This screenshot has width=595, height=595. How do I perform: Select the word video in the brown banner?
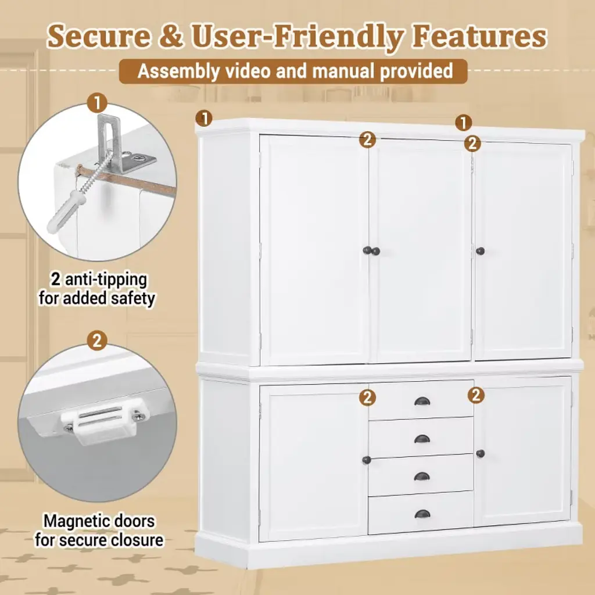pos(249,71)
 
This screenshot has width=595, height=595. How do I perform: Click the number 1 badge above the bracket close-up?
pos(97,103)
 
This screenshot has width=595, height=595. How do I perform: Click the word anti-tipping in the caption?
pos(106,280)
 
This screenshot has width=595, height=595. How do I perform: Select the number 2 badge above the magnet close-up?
pos(97,340)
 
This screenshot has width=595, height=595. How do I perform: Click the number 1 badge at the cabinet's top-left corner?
pos(205,119)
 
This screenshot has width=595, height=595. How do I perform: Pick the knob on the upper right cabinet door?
pos(481,251)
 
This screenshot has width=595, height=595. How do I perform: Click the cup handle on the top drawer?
pos(422,401)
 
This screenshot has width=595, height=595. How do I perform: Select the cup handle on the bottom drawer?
pos(422,514)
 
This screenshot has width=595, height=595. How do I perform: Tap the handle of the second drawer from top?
pos(422,439)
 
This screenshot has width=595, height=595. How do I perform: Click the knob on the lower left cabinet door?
pos(367,460)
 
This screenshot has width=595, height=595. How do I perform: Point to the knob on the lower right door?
pos(481,453)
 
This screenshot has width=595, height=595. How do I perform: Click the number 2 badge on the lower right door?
pos(476,395)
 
